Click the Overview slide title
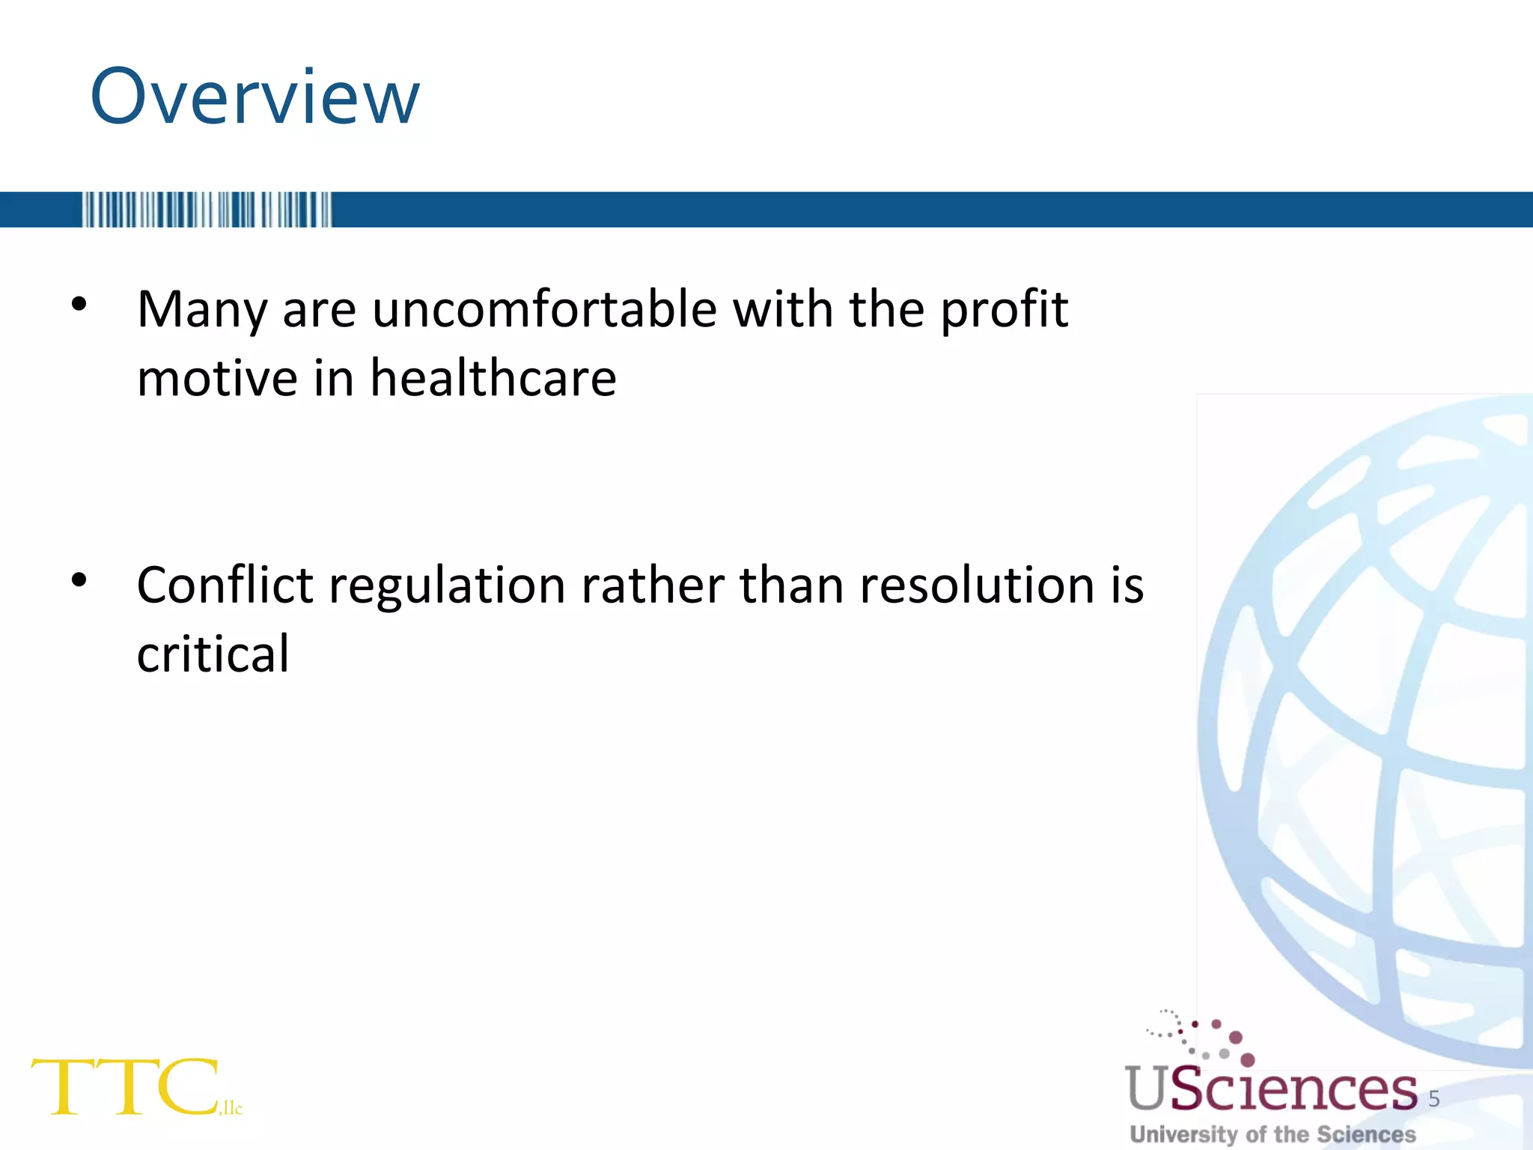pyautogui.click(x=255, y=97)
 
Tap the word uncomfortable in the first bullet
pyautogui.click(x=544, y=309)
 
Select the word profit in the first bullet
pyautogui.click(x=1004, y=309)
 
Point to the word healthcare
pyautogui.click(x=493, y=378)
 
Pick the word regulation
pyautogui.click(x=447, y=585)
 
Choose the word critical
pyautogui.click(x=213, y=654)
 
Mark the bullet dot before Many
pyautogui.click(x=79, y=304)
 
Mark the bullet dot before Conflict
pyautogui.click(x=79, y=579)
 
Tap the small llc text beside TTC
pyautogui.click(x=231, y=1108)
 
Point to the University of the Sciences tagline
pyautogui.click(x=1273, y=1134)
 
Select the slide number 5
pyautogui.click(x=1434, y=1098)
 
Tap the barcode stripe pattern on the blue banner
pyautogui.click(x=206, y=210)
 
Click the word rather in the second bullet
pyautogui.click(x=652, y=585)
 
